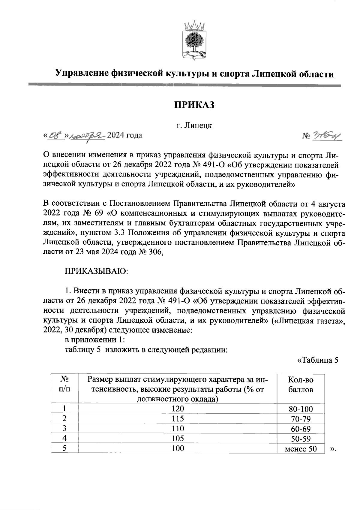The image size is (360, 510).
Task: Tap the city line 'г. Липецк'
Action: [x=194, y=125]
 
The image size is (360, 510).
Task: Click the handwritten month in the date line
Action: [x=87, y=136]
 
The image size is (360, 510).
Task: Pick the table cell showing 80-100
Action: [x=301, y=409]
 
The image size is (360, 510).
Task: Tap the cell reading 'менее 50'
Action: [x=301, y=449]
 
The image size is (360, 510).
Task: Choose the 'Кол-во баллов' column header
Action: [x=301, y=385]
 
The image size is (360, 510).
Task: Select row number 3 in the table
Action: [x=64, y=428]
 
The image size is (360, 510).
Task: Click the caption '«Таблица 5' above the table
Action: [x=317, y=360]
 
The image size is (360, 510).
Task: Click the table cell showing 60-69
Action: [x=301, y=429]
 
